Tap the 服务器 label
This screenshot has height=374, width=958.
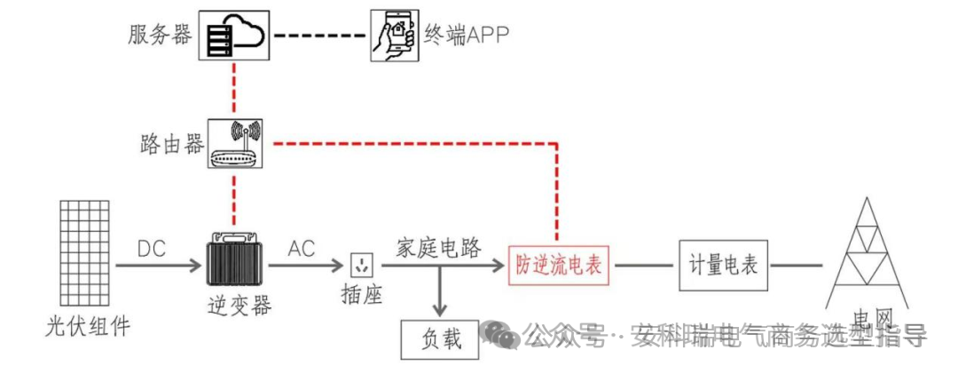click(x=160, y=36)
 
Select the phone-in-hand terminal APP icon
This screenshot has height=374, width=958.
click(x=394, y=36)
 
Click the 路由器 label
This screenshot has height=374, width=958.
click(x=171, y=145)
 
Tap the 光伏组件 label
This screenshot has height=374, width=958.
click(x=87, y=326)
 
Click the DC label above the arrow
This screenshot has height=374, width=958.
click(x=152, y=249)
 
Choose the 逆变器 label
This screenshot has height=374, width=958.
click(x=234, y=306)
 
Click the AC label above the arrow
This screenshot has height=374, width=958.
click(x=302, y=249)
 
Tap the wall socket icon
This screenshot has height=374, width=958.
click(x=362, y=265)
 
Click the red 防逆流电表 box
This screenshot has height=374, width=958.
click(x=559, y=265)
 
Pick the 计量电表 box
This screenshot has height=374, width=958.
click(x=723, y=264)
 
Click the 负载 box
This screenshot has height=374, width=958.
click(x=441, y=338)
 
